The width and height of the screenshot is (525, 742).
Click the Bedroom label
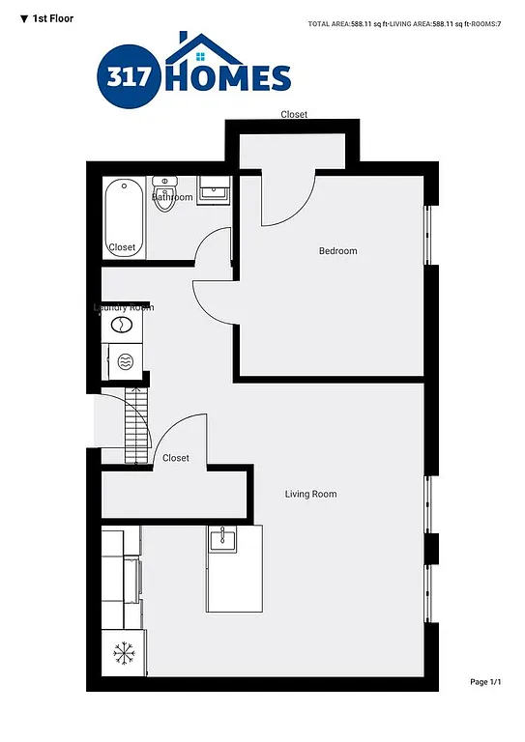click(337, 251)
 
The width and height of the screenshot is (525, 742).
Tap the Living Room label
click(310, 495)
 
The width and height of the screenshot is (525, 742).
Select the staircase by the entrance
click(137, 424)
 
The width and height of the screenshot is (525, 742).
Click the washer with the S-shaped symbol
click(123, 327)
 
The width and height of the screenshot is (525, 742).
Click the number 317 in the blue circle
click(129, 77)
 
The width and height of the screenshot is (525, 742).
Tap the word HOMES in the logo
click(228, 78)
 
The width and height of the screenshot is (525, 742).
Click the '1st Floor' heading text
click(53, 18)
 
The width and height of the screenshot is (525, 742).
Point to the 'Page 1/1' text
click(485, 682)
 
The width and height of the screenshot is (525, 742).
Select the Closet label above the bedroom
click(294, 115)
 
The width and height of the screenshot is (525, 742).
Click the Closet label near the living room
click(176, 458)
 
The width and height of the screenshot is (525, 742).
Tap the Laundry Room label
click(123, 308)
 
